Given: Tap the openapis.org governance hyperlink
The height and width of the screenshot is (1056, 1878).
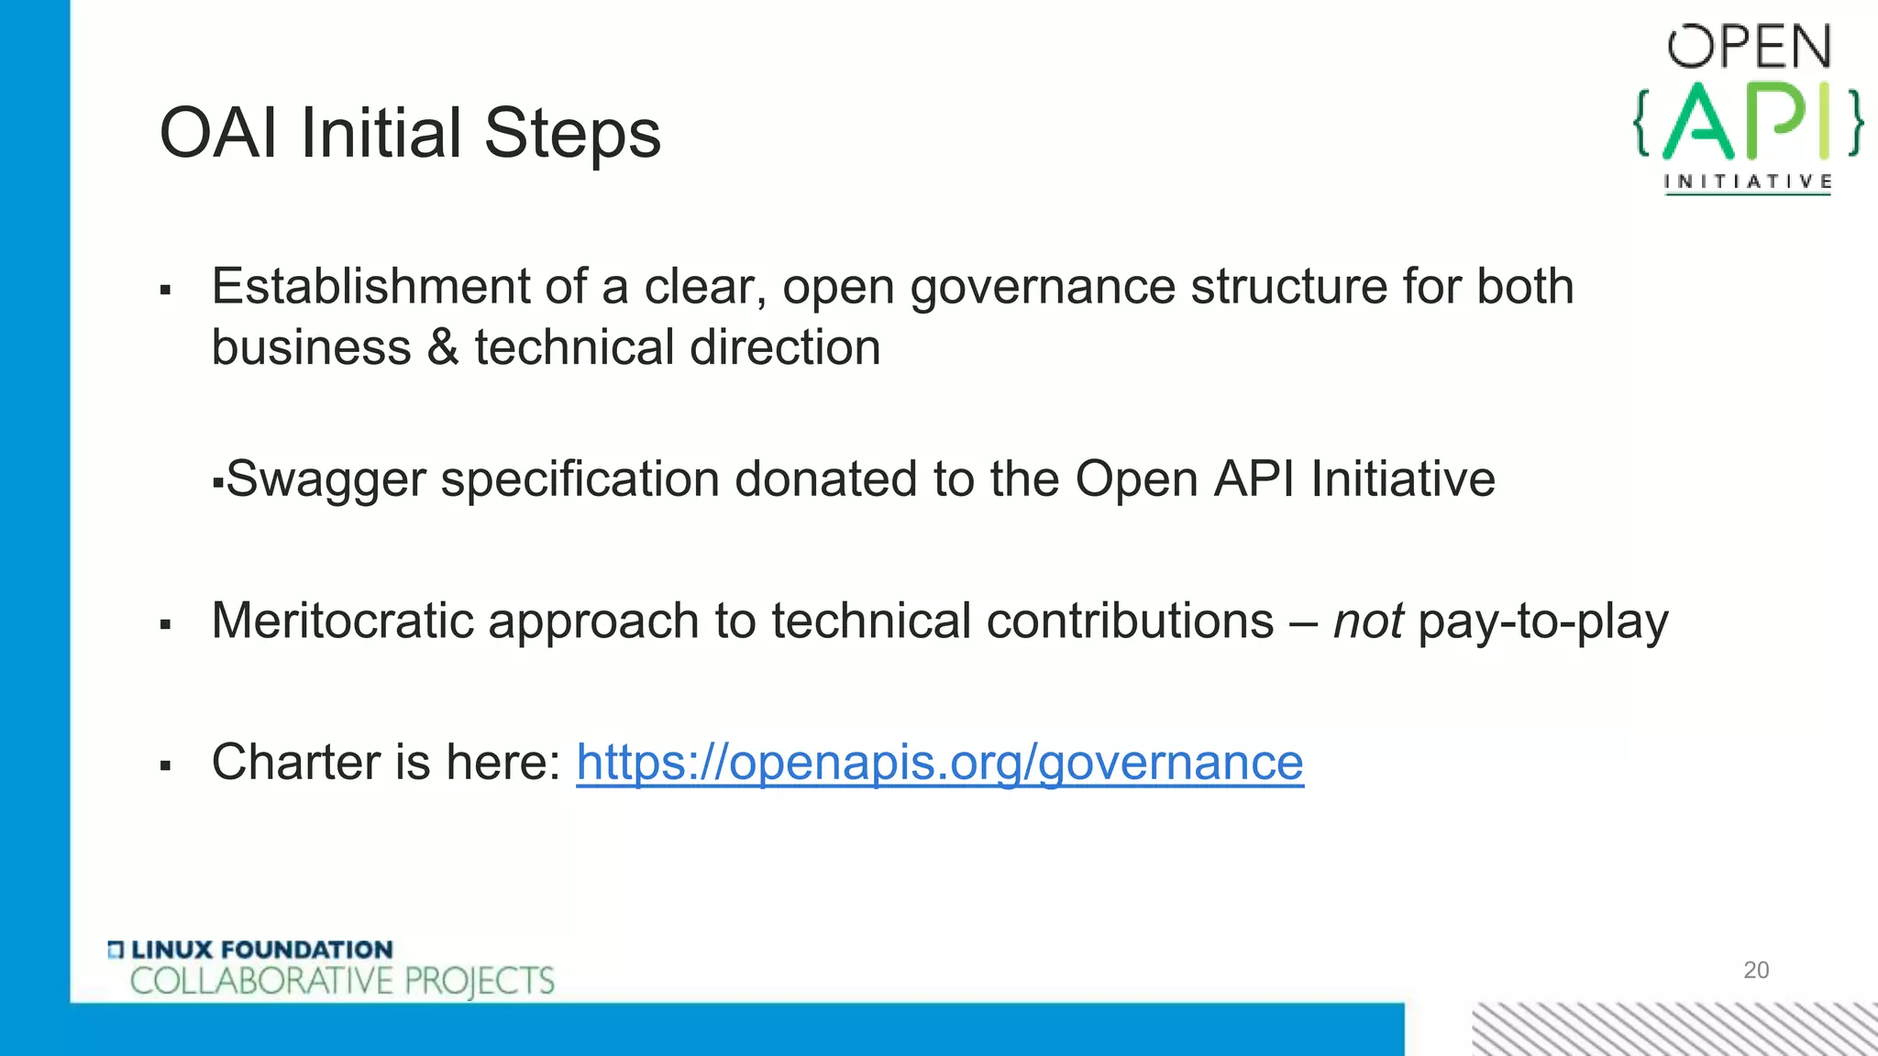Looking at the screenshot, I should point(939,763).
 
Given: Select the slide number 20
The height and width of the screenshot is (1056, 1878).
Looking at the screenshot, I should point(1755,970).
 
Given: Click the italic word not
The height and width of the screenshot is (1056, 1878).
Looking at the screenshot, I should point(1367,621).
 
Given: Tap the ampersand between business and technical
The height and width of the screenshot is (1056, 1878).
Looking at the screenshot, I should point(442,348).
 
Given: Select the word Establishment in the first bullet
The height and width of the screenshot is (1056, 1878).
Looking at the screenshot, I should point(370,286).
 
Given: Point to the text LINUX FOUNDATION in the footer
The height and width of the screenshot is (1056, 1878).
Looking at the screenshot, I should point(262,950).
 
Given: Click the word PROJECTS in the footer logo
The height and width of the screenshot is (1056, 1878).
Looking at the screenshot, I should point(479,981).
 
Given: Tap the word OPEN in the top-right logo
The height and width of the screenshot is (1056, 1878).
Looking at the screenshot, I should point(1749,47).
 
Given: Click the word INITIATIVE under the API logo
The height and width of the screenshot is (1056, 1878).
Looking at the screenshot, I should point(1748,181).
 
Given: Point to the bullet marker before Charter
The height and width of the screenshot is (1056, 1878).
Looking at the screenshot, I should point(165,764).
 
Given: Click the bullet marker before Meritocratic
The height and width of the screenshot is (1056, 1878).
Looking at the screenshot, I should point(165,625).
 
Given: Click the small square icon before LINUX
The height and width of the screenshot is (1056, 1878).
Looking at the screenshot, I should point(116,950).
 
